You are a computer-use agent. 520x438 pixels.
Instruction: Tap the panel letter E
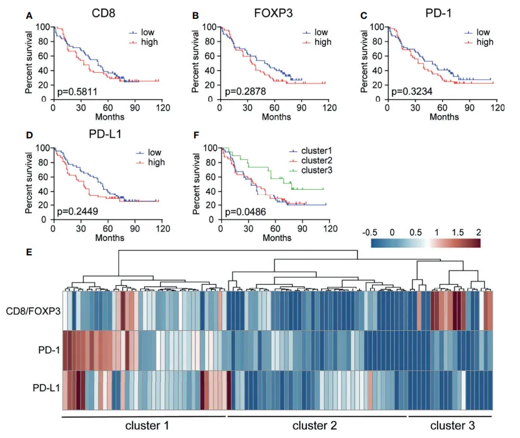[29, 251]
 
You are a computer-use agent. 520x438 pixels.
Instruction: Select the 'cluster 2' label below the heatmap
[315, 426]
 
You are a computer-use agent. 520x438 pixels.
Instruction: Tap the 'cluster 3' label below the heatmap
[452, 426]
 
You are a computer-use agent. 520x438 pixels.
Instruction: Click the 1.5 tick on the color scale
[457, 232]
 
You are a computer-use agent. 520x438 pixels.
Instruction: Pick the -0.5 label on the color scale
[371, 232]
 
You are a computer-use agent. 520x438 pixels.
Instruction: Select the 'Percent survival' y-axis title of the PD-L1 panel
[29, 183]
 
